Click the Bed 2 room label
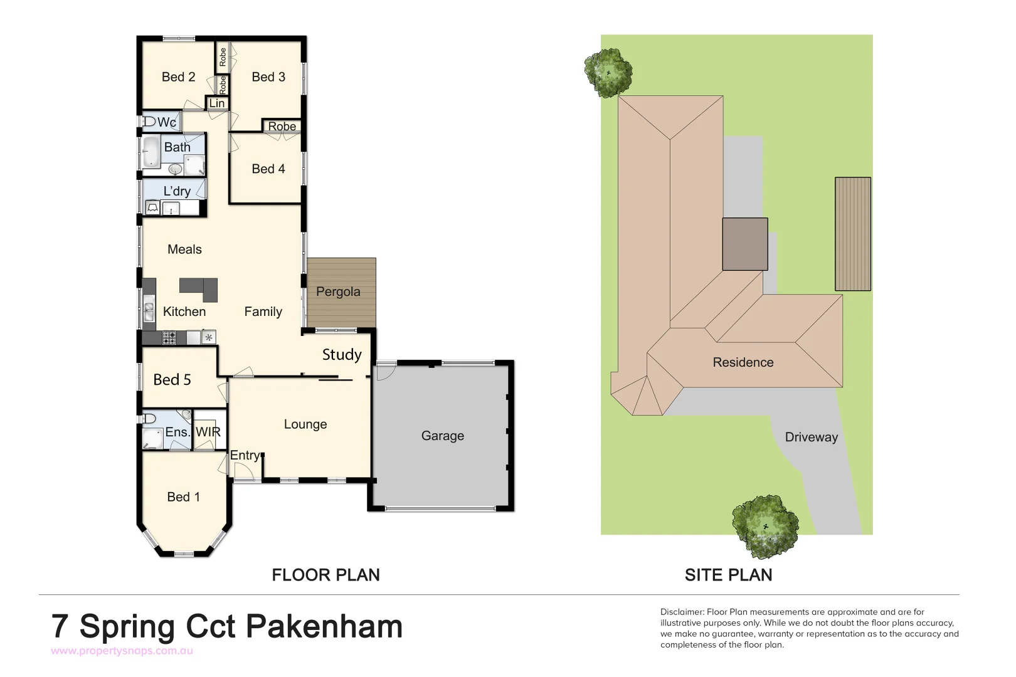point(178,77)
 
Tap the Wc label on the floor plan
point(166,122)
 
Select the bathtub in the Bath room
point(151,153)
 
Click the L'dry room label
point(177,191)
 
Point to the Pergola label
point(338,291)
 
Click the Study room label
point(342,355)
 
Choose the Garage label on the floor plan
point(443,436)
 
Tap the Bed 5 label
point(172,380)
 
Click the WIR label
point(208,432)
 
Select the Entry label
point(245,455)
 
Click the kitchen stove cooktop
point(169,338)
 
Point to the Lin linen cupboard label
point(217,103)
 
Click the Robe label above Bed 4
point(282,126)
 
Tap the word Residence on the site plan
point(743,362)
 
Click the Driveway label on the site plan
point(812,437)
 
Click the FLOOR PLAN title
point(325,575)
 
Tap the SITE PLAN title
point(728,575)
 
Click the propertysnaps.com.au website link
point(122,651)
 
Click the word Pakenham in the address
point(324,626)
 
